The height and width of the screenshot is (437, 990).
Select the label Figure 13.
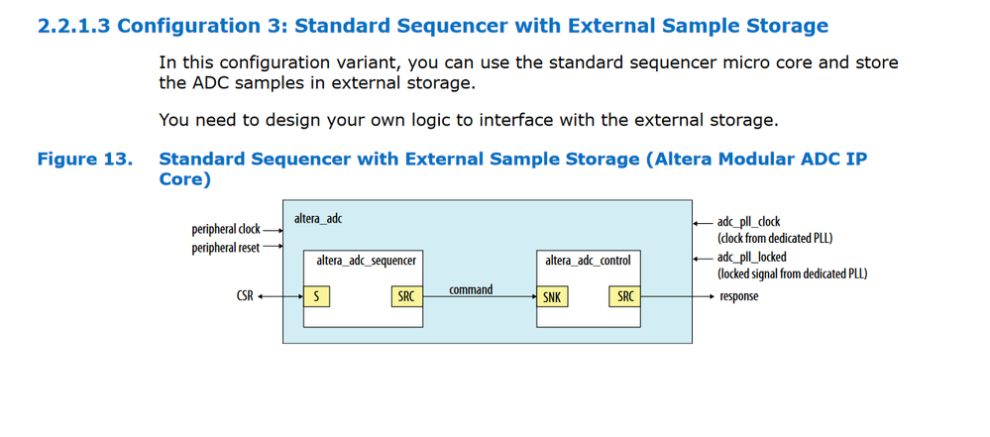pos(84,159)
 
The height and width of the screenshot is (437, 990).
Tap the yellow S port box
pos(316,295)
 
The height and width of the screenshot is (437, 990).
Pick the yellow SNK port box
pos(551,295)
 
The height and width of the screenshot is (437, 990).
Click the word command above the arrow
pos(471,289)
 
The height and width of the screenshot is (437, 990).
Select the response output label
pos(738,295)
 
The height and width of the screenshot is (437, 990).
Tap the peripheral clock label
pos(226,230)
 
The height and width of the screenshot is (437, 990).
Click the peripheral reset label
pos(226,248)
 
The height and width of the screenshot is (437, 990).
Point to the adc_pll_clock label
pos(749,222)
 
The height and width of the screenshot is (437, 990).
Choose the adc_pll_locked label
pos(752,258)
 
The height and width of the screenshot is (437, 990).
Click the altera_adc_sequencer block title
pos(365,261)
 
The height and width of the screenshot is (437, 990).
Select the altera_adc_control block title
pos(588,261)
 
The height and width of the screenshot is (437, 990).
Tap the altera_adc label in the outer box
pos(318,217)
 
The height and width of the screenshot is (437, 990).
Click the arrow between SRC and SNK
pos(480,296)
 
